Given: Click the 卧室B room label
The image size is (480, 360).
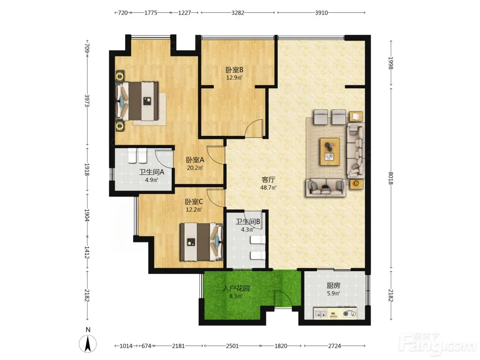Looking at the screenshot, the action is [234, 70].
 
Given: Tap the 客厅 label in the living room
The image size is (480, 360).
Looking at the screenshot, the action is [268, 180].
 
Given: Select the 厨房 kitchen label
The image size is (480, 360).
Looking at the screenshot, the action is [334, 286].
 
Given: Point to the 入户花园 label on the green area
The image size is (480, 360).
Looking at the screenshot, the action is [236, 288].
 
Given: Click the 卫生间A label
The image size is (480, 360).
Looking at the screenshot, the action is [152, 172].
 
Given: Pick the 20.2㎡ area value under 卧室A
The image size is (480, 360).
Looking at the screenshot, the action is [195, 168].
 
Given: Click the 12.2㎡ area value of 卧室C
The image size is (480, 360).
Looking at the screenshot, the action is [194, 210].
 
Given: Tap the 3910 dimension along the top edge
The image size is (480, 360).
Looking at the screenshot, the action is [321, 12].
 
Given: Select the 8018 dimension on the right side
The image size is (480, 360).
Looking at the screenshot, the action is [391, 178].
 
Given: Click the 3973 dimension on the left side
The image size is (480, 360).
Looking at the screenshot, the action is [87, 100].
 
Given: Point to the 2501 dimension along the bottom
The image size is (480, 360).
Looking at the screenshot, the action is [232, 346].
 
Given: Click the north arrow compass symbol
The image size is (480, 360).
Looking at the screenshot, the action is [88, 343].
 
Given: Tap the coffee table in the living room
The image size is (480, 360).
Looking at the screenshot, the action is [330, 152].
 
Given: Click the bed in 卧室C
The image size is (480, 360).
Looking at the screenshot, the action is [201, 242].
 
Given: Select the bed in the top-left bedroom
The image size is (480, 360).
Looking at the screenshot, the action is [137, 101].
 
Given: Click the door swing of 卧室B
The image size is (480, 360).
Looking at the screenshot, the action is [255, 128].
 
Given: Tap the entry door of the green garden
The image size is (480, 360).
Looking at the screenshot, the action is [283, 299].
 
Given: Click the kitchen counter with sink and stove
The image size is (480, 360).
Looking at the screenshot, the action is [335, 313].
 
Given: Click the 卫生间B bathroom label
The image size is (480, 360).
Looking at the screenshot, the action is [248, 221].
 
